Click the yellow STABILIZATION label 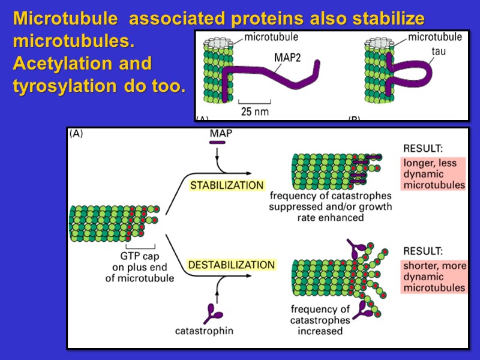[x=227, y=185]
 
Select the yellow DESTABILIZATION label [x=232, y=265]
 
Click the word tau [x=438, y=51]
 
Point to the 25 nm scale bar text [x=254, y=111]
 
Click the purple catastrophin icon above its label [x=214, y=313]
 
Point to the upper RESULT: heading [x=423, y=148]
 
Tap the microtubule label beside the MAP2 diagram [x=271, y=37]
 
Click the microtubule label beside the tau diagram [x=435, y=37]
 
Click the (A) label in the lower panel [x=76, y=134]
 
